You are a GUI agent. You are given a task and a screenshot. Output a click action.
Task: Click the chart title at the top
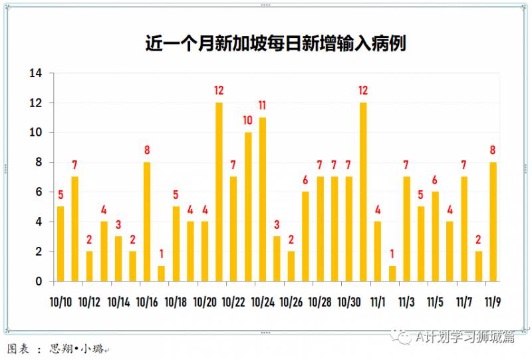(275, 44)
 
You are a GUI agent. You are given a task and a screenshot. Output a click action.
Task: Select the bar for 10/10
(61, 244)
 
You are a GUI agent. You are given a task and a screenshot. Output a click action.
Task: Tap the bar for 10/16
(147, 222)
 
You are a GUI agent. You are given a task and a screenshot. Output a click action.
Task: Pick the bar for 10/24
(263, 199)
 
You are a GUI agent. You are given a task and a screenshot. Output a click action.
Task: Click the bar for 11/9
(493, 222)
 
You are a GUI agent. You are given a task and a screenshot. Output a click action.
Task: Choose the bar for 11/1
(378, 251)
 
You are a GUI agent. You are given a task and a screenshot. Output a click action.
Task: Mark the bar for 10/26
(291, 266)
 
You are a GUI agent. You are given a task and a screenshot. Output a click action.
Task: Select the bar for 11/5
(435, 236)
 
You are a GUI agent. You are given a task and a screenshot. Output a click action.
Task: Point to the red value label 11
(263, 105)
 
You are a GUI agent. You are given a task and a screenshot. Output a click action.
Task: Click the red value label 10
(248, 120)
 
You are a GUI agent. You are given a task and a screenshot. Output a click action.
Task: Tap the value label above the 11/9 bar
(493, 150)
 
